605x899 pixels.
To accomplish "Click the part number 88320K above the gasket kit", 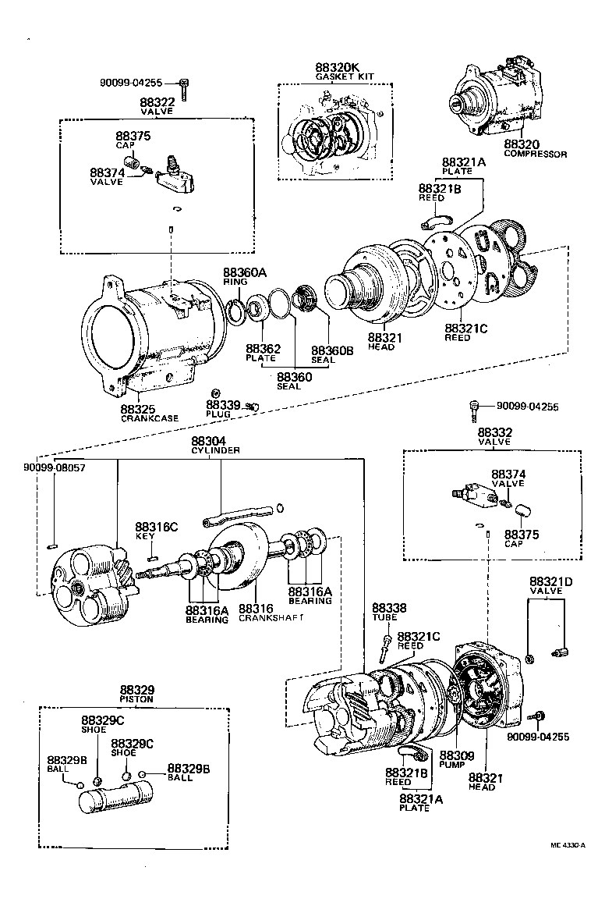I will tap(338, 68).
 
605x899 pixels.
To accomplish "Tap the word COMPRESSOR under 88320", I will tap(536, 155).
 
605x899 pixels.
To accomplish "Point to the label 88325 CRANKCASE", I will tap(149, 413).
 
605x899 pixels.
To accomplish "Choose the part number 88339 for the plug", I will tap(222, 405).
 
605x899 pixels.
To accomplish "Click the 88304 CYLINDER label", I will tap(217, 445).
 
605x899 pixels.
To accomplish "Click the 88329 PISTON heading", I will tap(137, 695).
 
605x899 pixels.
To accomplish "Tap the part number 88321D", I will tap(551, 582).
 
